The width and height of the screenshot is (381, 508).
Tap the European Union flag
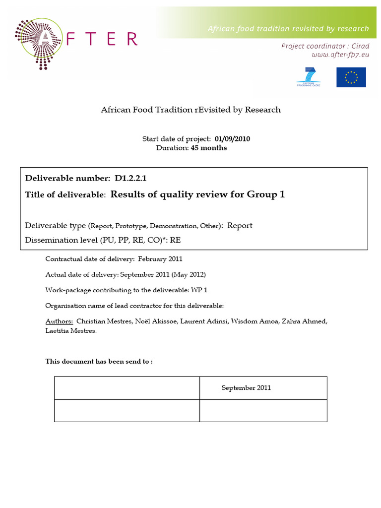pos(351,77)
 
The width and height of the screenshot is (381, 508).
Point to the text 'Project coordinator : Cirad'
pos(325,46)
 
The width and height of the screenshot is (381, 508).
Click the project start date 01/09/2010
pos(232,139)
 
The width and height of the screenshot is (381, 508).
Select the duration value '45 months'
pos(209,148)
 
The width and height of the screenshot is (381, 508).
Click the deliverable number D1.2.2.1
pos(130,178)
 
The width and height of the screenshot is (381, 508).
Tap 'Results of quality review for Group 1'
pos(197,194)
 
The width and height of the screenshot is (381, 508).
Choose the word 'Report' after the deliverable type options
pos(240,226)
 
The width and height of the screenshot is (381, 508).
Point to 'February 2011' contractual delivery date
pos(160,259)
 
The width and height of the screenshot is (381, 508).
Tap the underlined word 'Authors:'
pos(59,321)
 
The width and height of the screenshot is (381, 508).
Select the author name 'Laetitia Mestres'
pos(70,331)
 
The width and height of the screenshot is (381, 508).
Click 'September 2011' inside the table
pos(246,388)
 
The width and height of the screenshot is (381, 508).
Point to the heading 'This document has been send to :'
pos(99,361)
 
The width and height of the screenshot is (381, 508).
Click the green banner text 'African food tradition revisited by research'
pos(288,29)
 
